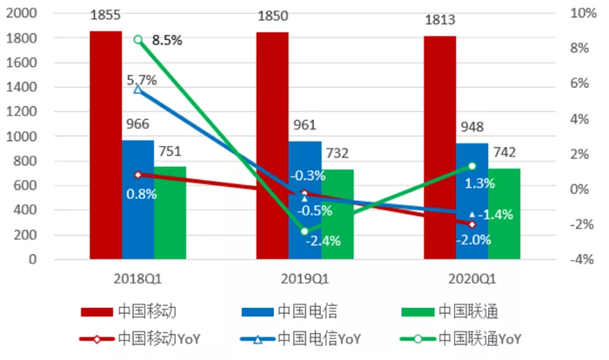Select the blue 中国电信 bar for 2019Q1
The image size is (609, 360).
(304, 200)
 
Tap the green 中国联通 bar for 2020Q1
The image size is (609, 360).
(504, 213)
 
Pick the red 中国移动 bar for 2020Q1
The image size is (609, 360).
(439, 147)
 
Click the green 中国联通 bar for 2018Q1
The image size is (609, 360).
(170, 212)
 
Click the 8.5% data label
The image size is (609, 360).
(166, 40)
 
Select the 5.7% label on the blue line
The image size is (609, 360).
(141, 79)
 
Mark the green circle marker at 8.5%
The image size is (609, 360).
(137, 40)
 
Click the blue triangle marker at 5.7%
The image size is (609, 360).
(137, 90)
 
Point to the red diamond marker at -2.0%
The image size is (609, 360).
(472, 224)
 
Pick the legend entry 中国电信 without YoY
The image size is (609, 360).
(306, 311)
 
